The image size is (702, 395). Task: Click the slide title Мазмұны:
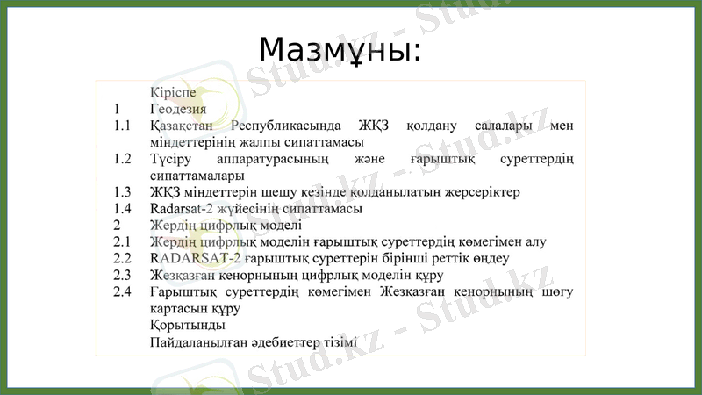[340, 50]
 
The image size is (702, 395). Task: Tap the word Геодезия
[178, 109]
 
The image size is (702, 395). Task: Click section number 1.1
[122, 126]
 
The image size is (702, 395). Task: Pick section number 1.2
[122, 159]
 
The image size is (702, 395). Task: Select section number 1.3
[122, 191]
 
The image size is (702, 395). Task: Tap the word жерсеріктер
[481, 191]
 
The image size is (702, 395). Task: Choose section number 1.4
[122, 208]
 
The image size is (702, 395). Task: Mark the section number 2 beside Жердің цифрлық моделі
[117, 225]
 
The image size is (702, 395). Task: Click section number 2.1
[122, 241]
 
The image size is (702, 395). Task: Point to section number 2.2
[122, 258]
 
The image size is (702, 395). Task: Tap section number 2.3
[122, 275]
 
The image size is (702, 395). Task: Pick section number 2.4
[122, 291]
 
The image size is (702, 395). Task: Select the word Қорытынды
[181, 325]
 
